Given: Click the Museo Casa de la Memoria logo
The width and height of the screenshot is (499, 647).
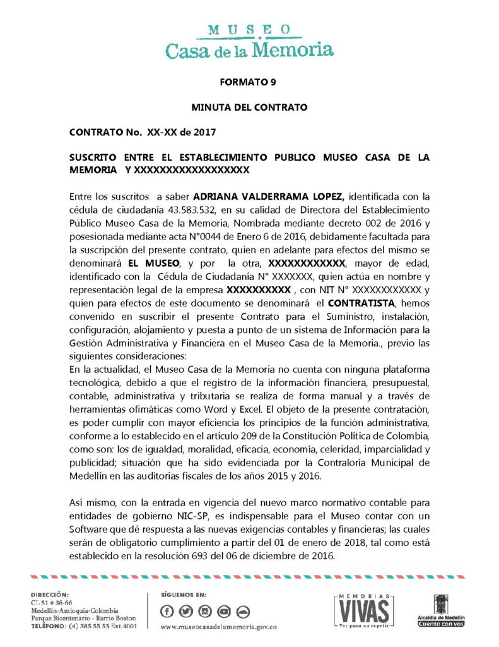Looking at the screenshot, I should point(249,41).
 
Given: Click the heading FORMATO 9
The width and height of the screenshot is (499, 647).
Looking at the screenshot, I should point(249,82).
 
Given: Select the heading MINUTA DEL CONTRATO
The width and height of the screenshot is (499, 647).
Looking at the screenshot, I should point(249,107).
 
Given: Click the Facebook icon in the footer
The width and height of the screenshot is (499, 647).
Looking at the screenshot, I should point(167,611).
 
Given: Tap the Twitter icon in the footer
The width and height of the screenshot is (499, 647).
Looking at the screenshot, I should point(186,611).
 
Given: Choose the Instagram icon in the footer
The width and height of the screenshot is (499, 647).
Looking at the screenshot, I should point(205,611).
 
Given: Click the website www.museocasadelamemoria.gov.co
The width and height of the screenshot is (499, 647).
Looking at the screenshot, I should point(219,627).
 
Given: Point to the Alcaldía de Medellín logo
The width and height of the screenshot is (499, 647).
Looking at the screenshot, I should point(442,610).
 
